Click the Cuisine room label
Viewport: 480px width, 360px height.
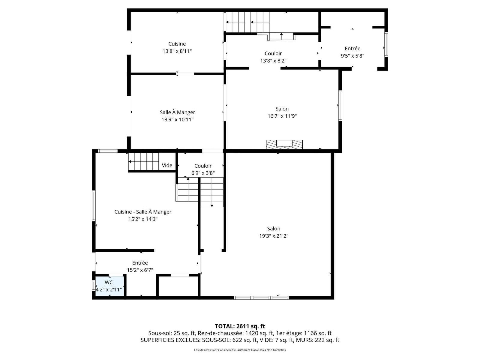[x=177, y=44]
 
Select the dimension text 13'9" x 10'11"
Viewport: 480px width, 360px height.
[x=177, y=120]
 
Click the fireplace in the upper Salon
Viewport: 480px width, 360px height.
[x=284, y=145]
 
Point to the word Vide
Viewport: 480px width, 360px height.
[x=167, y=165]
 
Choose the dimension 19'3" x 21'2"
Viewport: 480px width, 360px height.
[x=274, y=236]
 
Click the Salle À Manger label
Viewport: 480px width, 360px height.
[x=177, y=112]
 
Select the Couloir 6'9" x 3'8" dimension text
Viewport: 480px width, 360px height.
[x=203, y=173]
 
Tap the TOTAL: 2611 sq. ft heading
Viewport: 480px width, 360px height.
[x=240, y=326]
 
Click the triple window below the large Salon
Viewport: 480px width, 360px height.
[x=261, y=298]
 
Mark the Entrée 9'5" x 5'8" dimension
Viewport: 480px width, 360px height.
[x=352, y=56]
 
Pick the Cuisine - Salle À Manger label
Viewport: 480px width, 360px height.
[x=143, y=211]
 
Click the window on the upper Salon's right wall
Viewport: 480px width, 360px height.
[x=340, y=106]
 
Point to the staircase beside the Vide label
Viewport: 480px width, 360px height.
[x=143, y=161]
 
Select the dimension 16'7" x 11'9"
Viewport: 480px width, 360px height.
[x=282, y=116]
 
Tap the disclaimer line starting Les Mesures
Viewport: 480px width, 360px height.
[x=240, y=350]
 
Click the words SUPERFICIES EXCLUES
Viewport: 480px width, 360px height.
[x=170, y=340]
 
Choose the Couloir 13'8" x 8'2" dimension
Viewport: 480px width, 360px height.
[x=273, y=61]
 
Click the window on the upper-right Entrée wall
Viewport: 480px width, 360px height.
[x=386, y=45]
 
